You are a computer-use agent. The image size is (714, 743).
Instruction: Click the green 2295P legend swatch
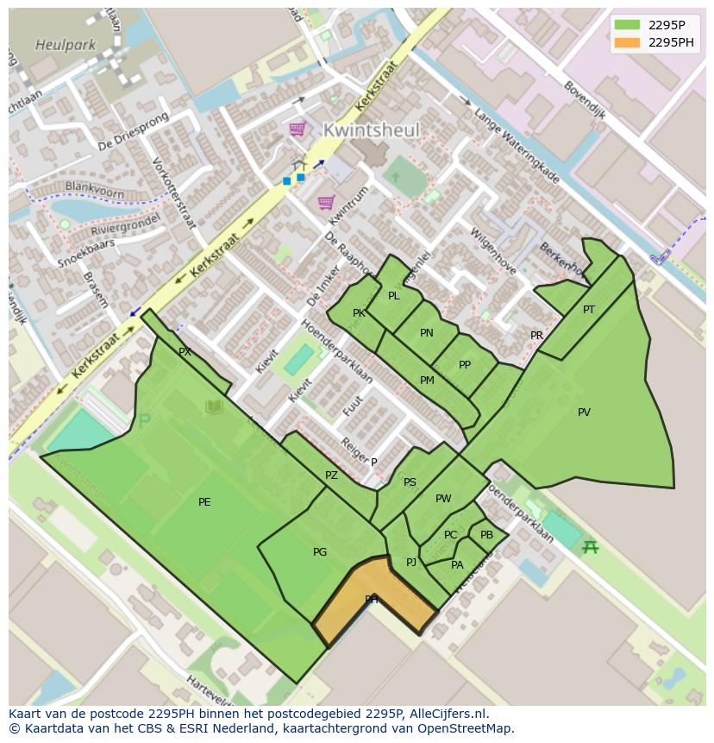pyautogui.click(x=627, y=25)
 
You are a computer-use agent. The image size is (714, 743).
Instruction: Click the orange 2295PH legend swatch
pyautogui.click(x=627, y=42)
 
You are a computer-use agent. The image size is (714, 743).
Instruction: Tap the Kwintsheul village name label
pyautogui.click(x=372, y=130)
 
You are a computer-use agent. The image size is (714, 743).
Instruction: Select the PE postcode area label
pyautogui.click(x=204, y=502)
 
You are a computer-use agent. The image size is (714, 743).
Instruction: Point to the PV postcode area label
pyautogui.click(x=584, y=412)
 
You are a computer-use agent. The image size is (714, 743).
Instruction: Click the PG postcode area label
pyautogui.click(x=320, y=552)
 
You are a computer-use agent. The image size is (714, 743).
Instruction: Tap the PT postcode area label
pyautogui.click(x=589, y=310)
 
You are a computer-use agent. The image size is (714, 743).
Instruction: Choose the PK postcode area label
pyautogui.click(x=359, y=313)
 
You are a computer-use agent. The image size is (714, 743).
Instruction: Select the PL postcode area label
pyautogui.click(x=394, y=296)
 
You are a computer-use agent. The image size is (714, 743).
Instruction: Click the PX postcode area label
pyautogui.click(x=185, y=352)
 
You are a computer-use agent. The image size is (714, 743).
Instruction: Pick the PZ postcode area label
pyautogui.click(x=332, y=475)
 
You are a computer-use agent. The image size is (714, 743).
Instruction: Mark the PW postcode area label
pyautogui.click(x=443, y=499)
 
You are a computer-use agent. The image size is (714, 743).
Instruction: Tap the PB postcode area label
pyautogui.click(x=487, y=535)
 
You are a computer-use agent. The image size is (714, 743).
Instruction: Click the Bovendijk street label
pyautogui.click(x=585, y=100)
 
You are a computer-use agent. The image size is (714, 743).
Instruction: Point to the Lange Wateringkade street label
pyautogui.click(x=517, y=146)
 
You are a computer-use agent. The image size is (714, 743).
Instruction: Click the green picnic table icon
pyautogui.click(x=590, y=546)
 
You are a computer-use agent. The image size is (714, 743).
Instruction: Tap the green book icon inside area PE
pyautogui.click(x=214, y=406)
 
